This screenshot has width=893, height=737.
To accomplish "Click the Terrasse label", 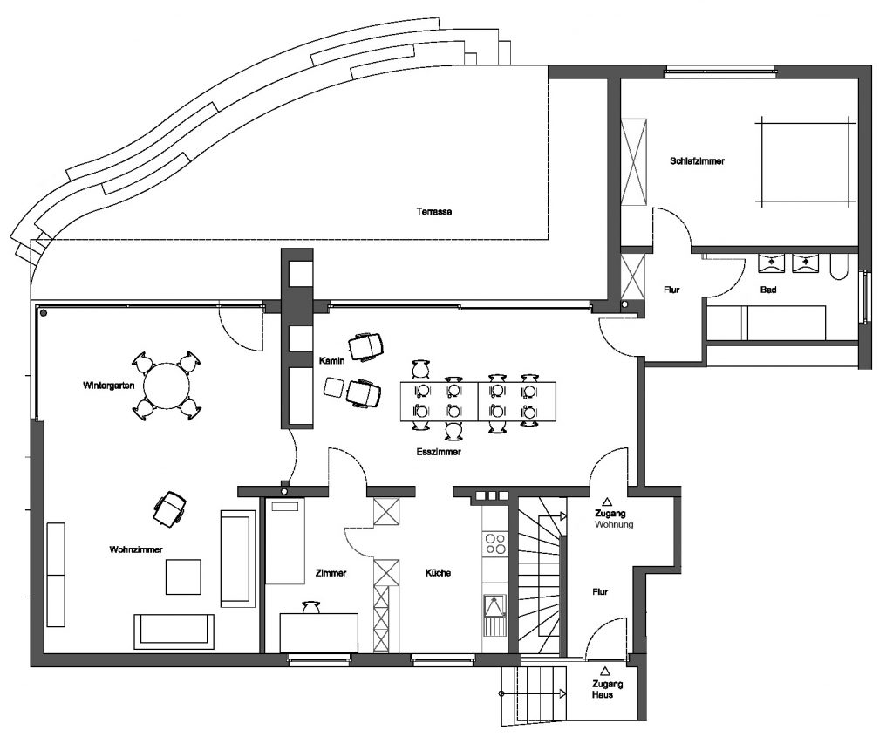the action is pos(434,212).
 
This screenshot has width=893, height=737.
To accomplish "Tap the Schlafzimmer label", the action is pos(697,161).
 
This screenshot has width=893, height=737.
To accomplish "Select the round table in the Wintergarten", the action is pos(166,386).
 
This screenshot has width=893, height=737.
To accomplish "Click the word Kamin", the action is pos(332,360).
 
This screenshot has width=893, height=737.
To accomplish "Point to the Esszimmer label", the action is pos(439,452).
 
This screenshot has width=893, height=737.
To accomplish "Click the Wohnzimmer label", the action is pos(136,549).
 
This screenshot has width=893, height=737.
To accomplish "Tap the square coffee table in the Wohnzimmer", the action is pos(183,577).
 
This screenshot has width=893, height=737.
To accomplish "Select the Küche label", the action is pos(438,573).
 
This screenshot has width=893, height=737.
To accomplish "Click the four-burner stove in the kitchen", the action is pos(494,543).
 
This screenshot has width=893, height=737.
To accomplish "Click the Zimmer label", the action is pos(331,573).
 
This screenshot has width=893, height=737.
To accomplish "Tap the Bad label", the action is pos(768,290).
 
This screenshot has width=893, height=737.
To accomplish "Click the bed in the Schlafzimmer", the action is pos(807,161).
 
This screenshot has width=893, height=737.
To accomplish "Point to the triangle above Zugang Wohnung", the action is pos(607,502).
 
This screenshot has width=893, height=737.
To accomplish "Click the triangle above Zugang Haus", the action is pos(604,672).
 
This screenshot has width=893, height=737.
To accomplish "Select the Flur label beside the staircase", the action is pos(600,591).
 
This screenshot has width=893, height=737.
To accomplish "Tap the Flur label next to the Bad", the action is pos(671,290).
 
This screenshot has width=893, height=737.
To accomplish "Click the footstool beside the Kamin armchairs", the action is pos(332,387).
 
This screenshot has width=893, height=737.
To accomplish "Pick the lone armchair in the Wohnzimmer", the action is pos(170,508).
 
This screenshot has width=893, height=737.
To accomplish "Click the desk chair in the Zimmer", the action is pos(311,608).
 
